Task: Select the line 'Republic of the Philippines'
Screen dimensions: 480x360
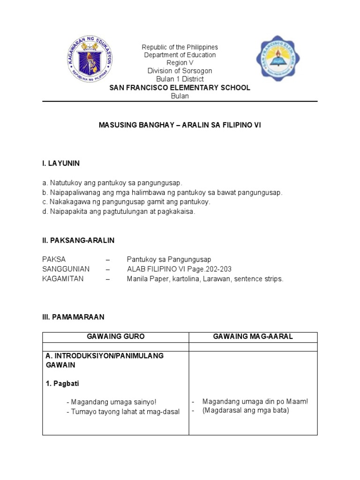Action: (180, 47)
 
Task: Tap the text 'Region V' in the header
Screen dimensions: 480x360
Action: (180, 63)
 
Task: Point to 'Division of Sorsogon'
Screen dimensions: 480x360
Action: (180, 71)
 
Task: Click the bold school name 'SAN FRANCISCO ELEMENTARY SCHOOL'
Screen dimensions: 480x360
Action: (180, 88)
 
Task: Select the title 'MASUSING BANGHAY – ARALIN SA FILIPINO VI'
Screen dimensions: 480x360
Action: (180, 126)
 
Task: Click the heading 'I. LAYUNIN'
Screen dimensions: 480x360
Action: (61, 163)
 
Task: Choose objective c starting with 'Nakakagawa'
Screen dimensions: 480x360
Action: (127, 202)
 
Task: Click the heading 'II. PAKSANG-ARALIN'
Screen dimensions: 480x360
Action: (78, 240)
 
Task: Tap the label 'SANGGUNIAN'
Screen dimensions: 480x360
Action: (66, 269)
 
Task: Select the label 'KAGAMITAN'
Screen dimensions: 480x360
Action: (63, 279)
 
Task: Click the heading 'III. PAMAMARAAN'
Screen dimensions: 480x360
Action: (73, 317)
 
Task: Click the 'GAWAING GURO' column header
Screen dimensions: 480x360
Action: (116, 337)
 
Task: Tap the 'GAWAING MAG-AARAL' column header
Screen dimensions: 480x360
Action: (253, 337)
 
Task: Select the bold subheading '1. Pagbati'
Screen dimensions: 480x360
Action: (62, 383)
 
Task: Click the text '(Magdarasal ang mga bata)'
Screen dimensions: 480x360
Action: (246, 411)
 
